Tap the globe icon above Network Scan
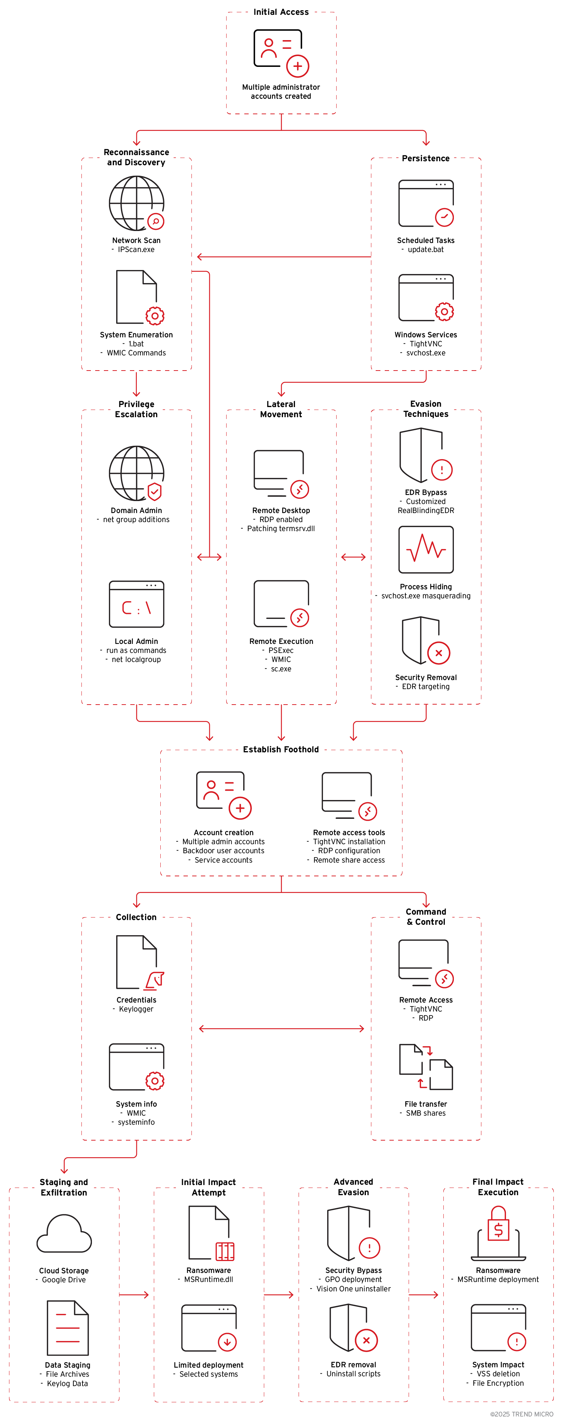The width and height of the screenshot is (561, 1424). (x=136, y=203)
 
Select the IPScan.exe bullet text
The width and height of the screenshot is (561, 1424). (x=136, y=249)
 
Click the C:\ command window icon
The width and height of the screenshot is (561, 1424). (x=136, y=604)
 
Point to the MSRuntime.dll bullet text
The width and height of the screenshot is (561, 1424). (x=208, y=1279)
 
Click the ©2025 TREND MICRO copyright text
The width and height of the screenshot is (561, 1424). (x=521, y=1414)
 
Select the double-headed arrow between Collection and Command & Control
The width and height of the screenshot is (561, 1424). (x=281, y=1028)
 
